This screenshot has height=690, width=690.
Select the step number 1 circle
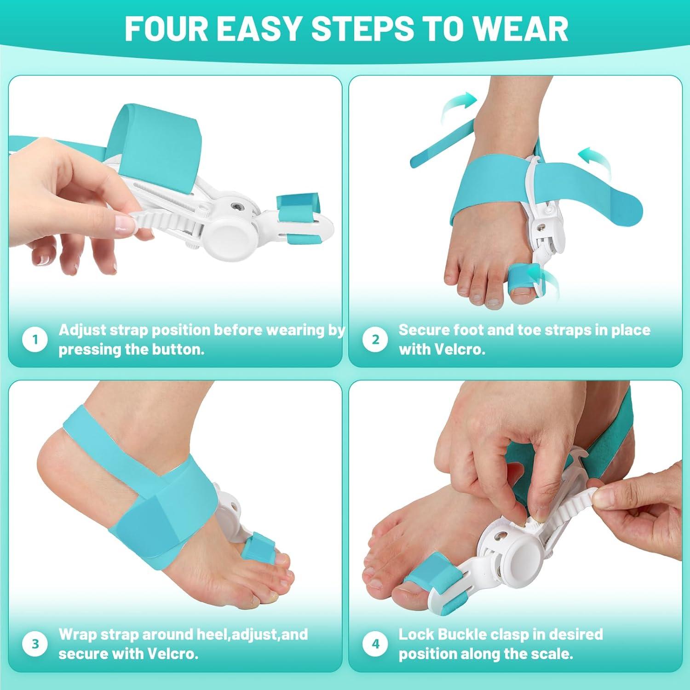coord(35,340)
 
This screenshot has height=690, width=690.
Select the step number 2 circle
coord(375,340)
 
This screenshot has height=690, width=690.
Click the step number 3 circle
coord(35,644)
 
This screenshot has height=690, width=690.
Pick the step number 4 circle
coord(375,644)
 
